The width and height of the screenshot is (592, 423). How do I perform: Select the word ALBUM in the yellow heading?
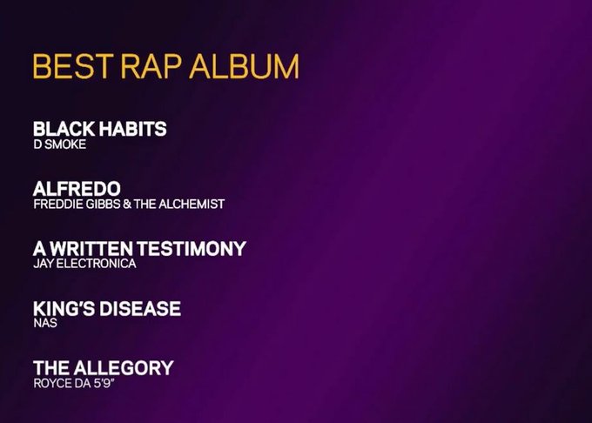[244, 66]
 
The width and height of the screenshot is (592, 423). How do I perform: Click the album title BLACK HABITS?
[99, 129]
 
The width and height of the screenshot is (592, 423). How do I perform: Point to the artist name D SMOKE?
[60, 144]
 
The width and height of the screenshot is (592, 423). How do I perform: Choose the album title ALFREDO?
[77, 188]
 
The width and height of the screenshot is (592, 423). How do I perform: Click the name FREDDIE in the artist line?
[58, 205]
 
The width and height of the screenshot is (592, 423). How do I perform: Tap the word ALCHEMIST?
[192, 205]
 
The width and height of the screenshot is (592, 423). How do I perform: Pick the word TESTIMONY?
[192, 249]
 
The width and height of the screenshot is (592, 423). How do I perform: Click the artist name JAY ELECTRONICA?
[84, 264]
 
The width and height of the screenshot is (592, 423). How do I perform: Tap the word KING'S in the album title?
[64, 308]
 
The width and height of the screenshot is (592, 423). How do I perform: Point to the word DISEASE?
[140, 308]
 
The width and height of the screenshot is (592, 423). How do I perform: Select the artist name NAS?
[45, 323]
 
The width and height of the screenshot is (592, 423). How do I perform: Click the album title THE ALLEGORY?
[104, 368]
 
